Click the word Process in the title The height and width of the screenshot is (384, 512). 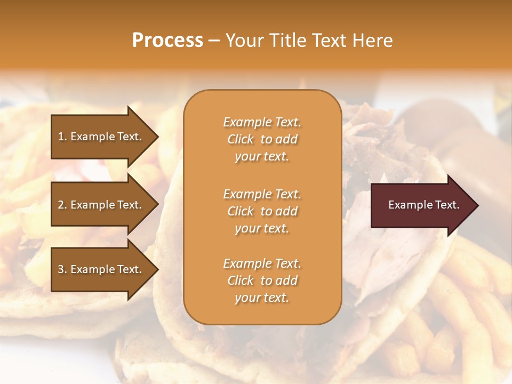click(x=167, y=41)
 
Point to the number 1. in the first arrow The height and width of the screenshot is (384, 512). click(x=62, y=137)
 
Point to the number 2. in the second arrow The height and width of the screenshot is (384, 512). click(x=62, y=205)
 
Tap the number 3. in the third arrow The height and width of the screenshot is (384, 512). click(x=62, y=269)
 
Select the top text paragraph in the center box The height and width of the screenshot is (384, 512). click(x=262, y=139)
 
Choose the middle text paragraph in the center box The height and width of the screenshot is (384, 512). click(x=262, y=211)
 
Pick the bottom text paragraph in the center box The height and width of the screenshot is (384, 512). click(x=262, y=281)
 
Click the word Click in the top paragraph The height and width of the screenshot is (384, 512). click(x=241, y=139)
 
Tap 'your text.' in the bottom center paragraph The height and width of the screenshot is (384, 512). click(x=262, y=298)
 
